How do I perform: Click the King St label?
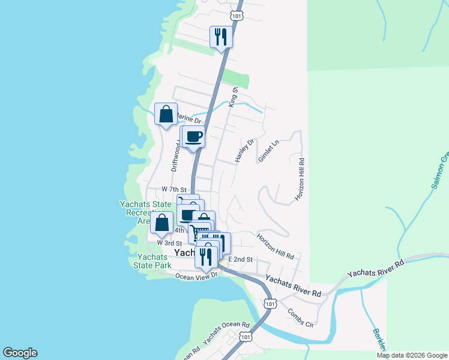[234, 97]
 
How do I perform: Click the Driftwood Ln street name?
[176, 155]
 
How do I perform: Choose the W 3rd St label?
[169, 243]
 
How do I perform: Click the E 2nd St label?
[241, 259]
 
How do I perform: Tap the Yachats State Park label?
[151, 261]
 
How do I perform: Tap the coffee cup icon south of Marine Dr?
[194, 136]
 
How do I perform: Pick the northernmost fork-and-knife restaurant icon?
[220, 37]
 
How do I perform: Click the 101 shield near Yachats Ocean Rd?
[245, 337]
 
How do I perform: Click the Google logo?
[20, 353]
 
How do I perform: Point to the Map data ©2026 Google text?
[411, 355]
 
